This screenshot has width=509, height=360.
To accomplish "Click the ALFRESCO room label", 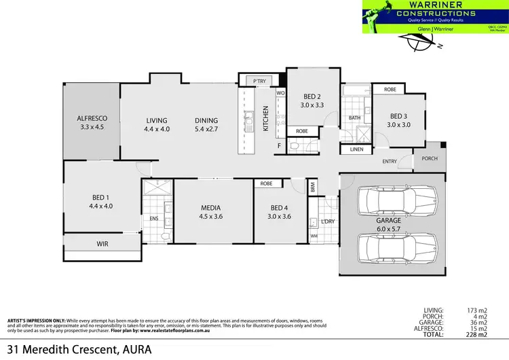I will pyautogui.click(x=93, y=118).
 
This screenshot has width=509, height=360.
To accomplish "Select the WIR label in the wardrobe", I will pyautogui.click(x=102, y=243).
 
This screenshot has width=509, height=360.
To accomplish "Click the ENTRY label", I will pyautogui.click(x=390, y=162).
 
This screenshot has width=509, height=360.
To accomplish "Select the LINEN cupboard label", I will pyautogui.click(x=356, y=149).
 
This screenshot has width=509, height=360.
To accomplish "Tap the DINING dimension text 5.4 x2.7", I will pyautogui.click(x=208, y=129).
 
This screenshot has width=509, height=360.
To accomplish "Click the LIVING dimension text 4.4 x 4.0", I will pyautogui.click(x=156, y=129).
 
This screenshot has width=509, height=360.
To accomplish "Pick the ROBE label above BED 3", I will pyautogui.click(x=390, y=90).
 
